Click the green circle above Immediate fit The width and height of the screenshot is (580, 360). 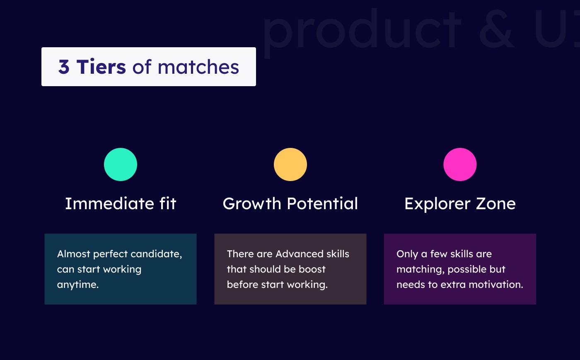point(121,164)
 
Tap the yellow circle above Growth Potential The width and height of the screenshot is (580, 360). point(290,164)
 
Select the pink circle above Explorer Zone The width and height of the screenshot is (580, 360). point(460,164)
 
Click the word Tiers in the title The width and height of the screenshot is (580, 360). point(101,67)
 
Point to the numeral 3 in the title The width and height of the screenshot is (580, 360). point(64,67)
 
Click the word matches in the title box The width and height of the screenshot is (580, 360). point(198,67)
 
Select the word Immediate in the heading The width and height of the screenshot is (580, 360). point(110,203)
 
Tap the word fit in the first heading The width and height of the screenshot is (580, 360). point(168,203)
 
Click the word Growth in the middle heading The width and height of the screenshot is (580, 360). point(252,203)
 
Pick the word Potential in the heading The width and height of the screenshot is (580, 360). point(322,203)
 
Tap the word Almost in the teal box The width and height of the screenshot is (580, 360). point(74,254)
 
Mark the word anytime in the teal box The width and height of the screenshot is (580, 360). point(78,285)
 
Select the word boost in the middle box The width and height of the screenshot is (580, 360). point(312,269)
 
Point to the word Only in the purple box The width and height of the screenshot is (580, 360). point(407,254)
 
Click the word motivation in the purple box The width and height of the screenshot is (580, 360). point(496,284)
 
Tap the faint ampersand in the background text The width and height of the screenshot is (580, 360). point(496,29)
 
